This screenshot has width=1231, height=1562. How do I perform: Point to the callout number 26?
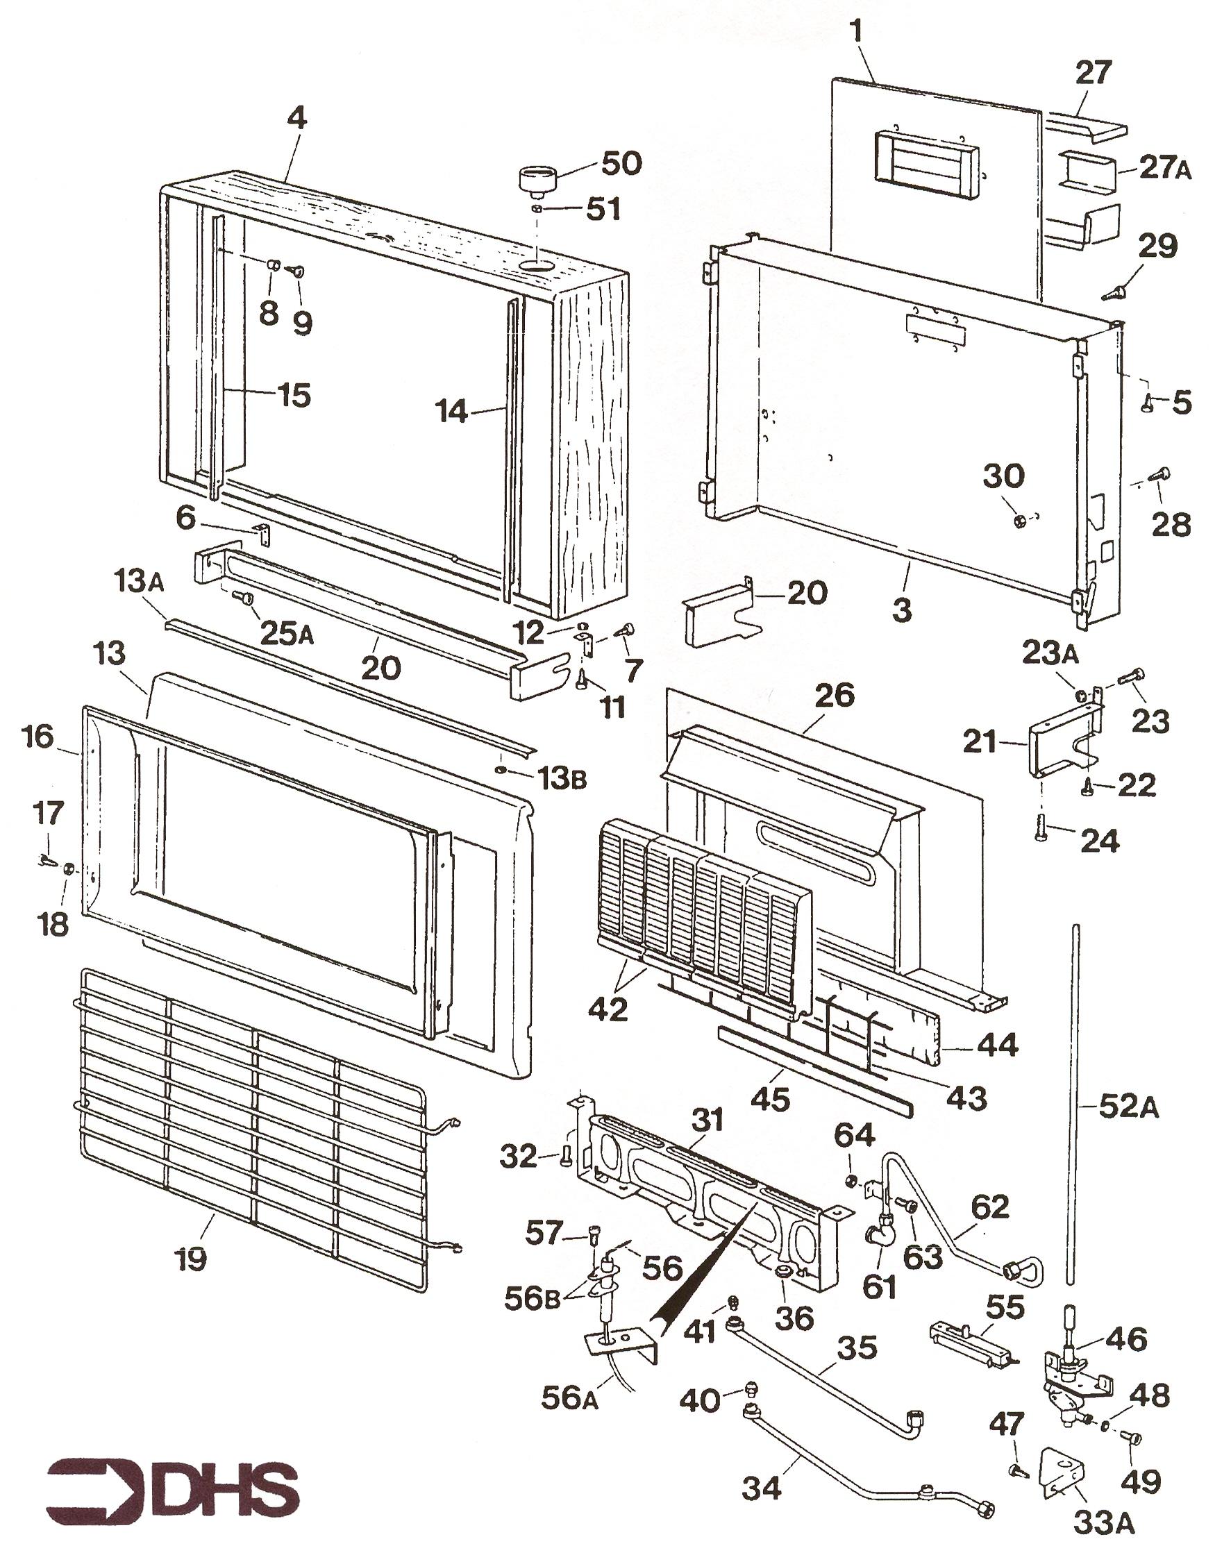click(835, 695)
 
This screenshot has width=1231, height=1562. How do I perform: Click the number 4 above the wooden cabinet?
click(296, 119)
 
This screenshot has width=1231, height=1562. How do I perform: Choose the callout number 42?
click(608, 1009)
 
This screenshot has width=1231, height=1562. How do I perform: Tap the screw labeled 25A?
click(242, 596)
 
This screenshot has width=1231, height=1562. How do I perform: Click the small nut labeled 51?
click(537, 208)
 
